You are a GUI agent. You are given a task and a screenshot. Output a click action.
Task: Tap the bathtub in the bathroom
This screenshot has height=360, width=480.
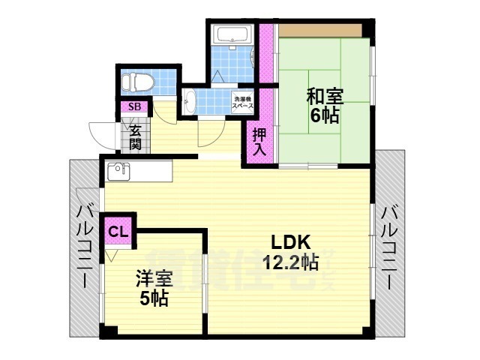coord(232,35)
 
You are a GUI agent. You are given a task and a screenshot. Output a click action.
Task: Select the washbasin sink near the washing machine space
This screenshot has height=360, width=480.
coord(189,100)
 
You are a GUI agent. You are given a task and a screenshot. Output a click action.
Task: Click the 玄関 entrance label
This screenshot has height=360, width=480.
coord(136,136)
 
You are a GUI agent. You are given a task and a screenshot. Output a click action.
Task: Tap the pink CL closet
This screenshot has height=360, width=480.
coord(118,231)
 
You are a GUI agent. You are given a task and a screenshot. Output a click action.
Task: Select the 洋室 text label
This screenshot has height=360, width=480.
coord(154,279)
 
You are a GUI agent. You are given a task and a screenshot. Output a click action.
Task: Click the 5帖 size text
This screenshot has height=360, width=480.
coord(154,298)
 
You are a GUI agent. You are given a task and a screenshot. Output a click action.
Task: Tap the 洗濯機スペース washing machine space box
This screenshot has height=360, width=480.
coord(241,102)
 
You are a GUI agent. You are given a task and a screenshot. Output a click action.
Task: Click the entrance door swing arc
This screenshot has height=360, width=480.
coord(101,135)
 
